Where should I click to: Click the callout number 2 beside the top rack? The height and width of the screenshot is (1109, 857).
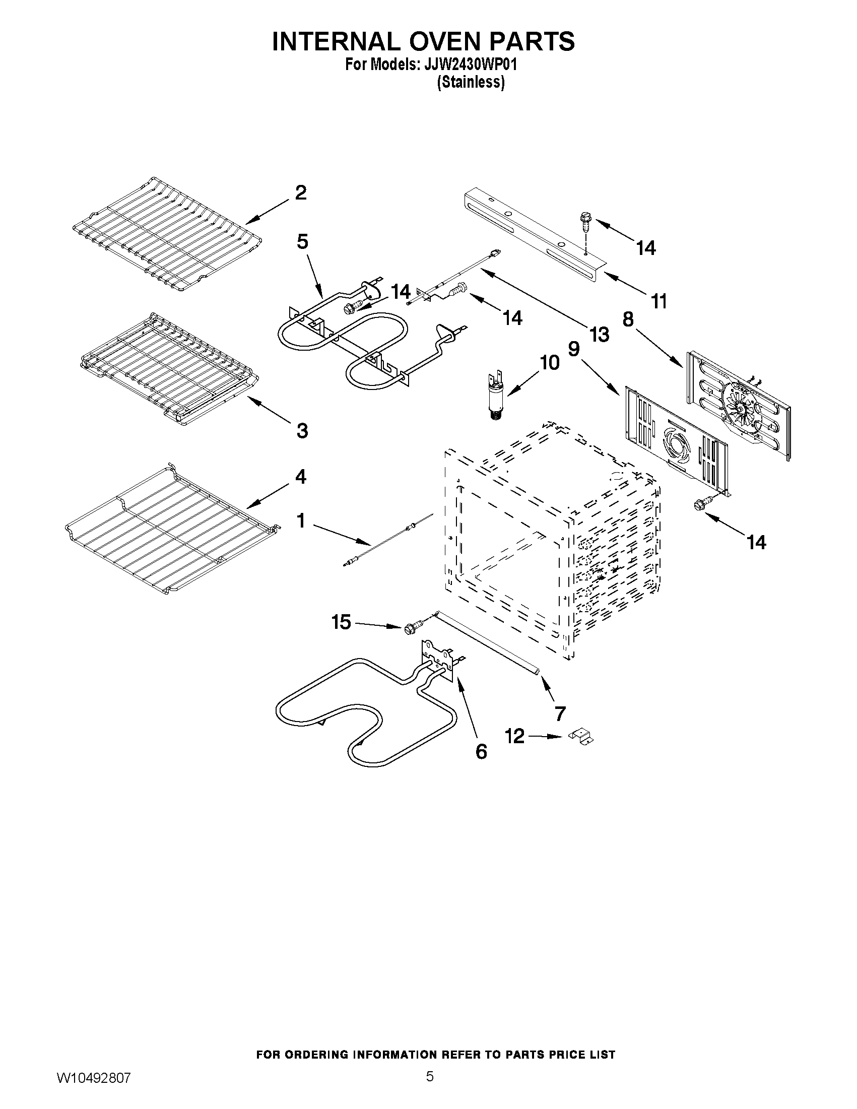pos(301,193)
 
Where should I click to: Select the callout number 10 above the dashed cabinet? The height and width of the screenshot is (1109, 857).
pos(549,363)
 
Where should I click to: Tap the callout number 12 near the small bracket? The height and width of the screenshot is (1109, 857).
pos(515,736)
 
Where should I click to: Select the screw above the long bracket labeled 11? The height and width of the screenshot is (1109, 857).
pos(585,222)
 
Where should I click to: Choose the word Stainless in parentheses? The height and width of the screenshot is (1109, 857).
pos(471,82)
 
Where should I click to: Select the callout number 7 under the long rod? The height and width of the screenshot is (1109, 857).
pos(560,713)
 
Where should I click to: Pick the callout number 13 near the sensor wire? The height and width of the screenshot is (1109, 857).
pos(599,335)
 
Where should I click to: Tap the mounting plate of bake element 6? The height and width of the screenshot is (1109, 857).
pos(438,660)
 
